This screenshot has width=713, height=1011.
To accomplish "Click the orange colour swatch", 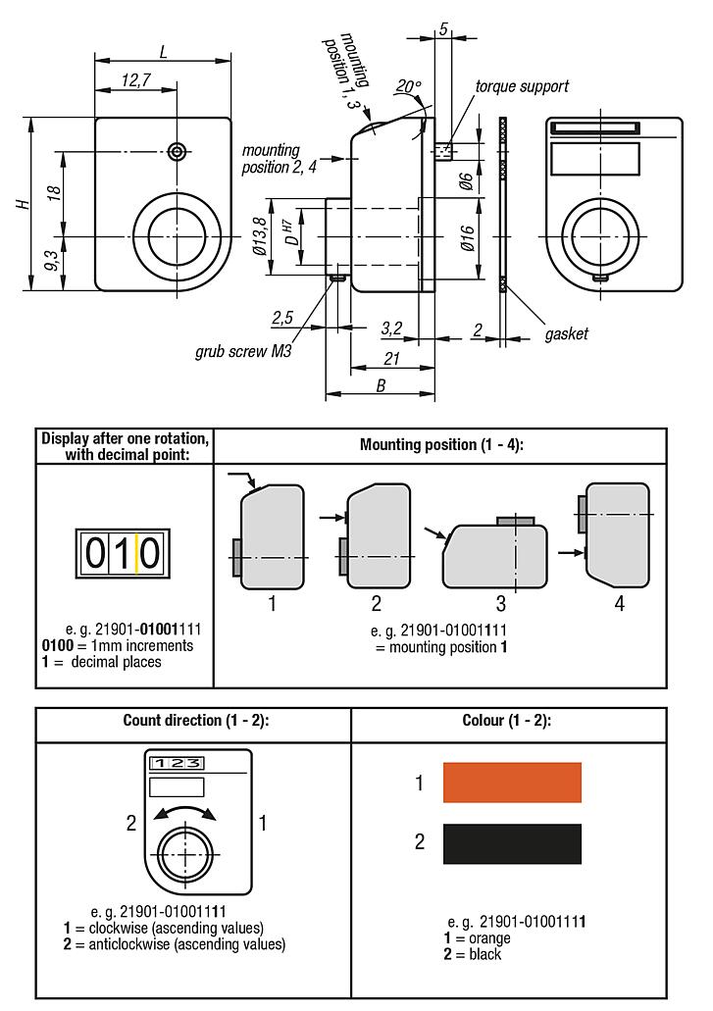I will pyautogui.click(x=512, y=783).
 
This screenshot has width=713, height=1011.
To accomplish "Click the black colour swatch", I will pyautogui.click(x=512, y=843).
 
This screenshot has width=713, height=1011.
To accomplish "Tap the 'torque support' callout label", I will pyautogui.click(x=521, y=86).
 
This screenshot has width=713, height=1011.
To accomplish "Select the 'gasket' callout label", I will pyautogui.click(x=566, y=334).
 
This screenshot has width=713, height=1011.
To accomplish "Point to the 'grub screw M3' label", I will pyautogui.click(x=243, y=350).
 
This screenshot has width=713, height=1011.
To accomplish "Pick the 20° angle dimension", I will pyautogui.click(x=407, y=87).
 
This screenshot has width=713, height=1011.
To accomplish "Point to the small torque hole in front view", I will pyautogui.click(x=177, y=151).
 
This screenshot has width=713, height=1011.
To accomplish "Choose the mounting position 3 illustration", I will pyautogui.click(x=493, y=554).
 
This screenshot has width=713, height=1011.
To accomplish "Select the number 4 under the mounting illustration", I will pyautogui.click(x=619, y=604).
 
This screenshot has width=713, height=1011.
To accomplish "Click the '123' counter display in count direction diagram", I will pyautogui.click(x=177, y=763).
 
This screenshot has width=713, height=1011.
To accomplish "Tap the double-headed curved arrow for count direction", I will pyautogui.click(x=182, y=811).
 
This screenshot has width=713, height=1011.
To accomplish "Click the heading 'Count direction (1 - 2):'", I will pyautogui.click(x=195, y=721).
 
